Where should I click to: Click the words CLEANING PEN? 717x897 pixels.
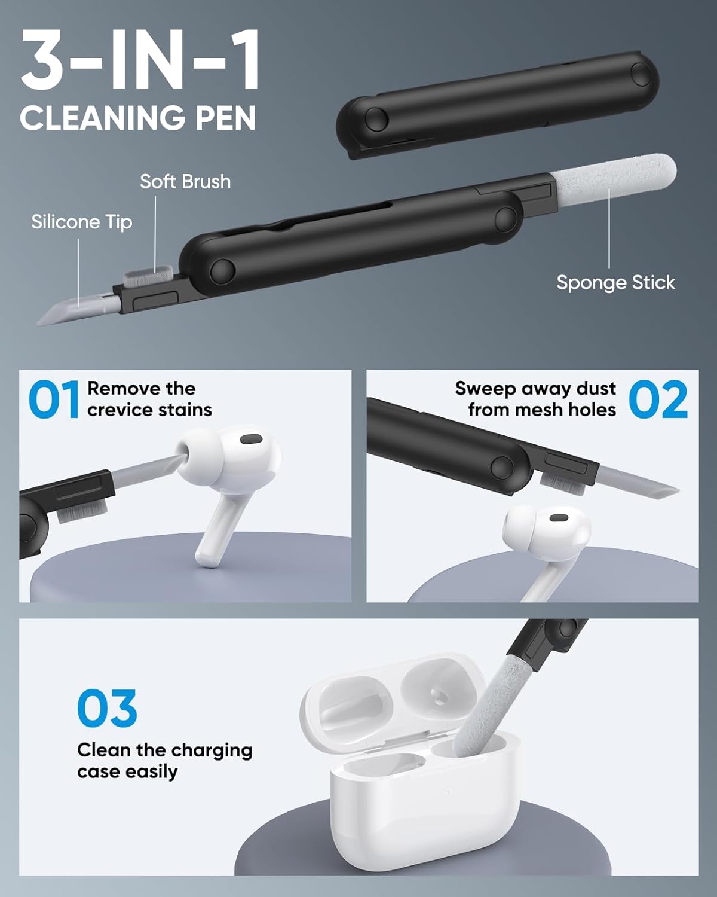pyautogui.click(x=137, y=118)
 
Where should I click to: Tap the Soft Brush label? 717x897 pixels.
pyautogui.click(x=185, y=182)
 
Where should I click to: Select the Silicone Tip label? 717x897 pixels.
pyautogui.click(x=82, y=222)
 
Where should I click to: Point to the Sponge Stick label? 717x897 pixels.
pyautogui.click(x=615, y=283)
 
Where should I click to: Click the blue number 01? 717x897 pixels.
pyautogui.click(x=54, y=399)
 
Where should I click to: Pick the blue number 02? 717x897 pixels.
pyautogui.click(x=658, y=399)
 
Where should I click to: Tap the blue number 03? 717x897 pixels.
pyautogui.click(x=107, y=709)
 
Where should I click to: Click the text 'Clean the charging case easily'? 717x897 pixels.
pyautogui.click(x=164, y=761)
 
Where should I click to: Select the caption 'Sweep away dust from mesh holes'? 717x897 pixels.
pyautogui.click(x=535, y=399)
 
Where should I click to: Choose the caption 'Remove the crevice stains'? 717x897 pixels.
pyautogui.click(x=149, y=399)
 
